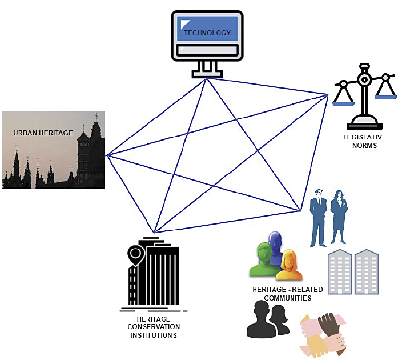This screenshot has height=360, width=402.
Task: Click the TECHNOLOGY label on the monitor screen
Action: [207, 33]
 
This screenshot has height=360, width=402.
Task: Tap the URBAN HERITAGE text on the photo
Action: [43, 133]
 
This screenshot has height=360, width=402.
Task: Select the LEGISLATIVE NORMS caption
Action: [364, 141]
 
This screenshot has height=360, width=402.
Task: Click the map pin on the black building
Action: [135, 254]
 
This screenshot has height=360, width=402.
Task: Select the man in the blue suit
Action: [317, 217]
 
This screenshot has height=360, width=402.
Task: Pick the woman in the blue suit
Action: [339, 216]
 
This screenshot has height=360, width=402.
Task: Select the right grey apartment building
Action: [366, 271]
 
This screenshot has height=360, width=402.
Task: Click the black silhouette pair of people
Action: [268, 319]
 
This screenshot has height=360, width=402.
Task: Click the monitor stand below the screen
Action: [206, 69]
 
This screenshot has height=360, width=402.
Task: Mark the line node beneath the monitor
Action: [206, 79]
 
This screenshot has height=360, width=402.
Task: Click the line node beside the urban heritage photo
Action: [107, 155]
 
